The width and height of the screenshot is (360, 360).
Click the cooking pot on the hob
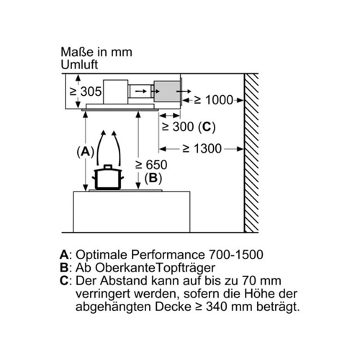(x=108, y=177)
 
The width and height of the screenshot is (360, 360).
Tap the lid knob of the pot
(x=108, y=166)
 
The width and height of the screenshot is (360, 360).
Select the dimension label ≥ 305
(x=86, y=91)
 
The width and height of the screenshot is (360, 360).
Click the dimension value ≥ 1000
(x=214, y=100)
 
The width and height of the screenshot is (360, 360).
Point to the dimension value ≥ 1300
(x=202, y=148)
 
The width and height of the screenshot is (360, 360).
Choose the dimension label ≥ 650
(x=151, y=165)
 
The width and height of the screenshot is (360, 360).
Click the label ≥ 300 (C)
(x=189, y=127)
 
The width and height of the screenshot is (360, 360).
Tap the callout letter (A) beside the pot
(x=86, y=152)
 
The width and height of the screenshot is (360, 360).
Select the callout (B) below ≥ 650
(x=153, y=178)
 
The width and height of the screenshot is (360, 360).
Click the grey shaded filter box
(x=168, y=91)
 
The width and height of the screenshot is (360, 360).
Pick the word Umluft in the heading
(x=79, y=65)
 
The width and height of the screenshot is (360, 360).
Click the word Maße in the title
(x=77, y=52)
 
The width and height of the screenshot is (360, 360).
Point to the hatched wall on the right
(x=251, y=153)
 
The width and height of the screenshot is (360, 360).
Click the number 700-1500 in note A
(x=236, y=255)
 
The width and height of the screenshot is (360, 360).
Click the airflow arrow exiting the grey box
(x=184, y=91)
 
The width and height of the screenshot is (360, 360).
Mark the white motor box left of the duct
(x=116, y=91)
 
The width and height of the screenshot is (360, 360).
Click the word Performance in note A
(x=168, y=255)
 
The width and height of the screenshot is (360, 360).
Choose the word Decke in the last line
(x=173, y=307)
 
